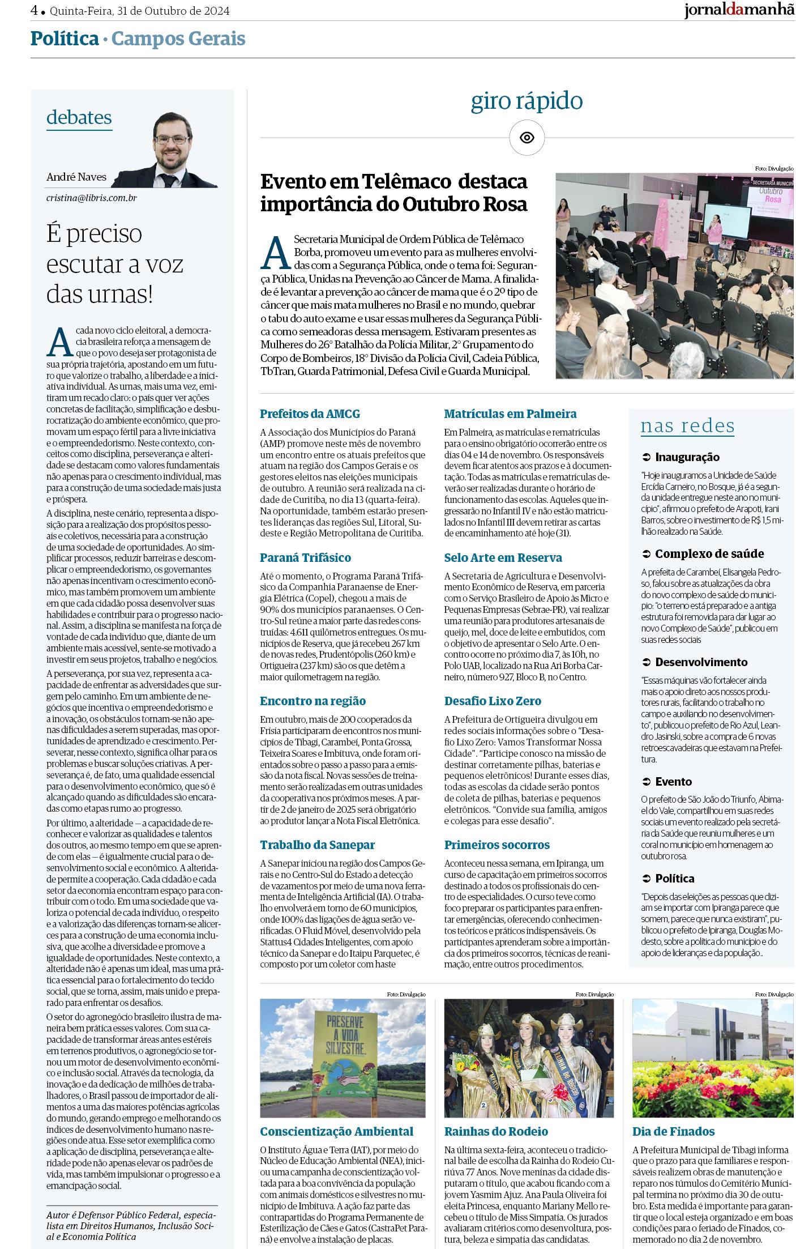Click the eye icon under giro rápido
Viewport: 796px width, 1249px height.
[x=527, y=138]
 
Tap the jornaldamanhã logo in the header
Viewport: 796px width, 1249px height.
[x=739, y=11]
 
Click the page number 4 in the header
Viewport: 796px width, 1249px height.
[x=34, y=11]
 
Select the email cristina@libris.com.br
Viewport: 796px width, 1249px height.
[x=92, y=198]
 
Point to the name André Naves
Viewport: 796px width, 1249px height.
[x=76, y=177]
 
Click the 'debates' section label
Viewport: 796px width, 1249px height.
[x=79, y=117]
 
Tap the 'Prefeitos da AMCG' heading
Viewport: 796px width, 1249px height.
[x=310, y=414]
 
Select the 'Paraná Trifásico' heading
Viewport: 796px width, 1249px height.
[x=305, y=558]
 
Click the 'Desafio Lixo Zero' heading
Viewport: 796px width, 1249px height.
[x=493, y=701]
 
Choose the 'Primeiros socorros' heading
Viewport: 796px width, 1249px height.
[x=497, y=845]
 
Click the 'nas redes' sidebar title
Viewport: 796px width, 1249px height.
[x=687, y=426]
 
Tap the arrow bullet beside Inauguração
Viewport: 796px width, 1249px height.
[x=646, y=457]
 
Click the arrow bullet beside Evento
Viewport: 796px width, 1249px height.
[x=646, y=782]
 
